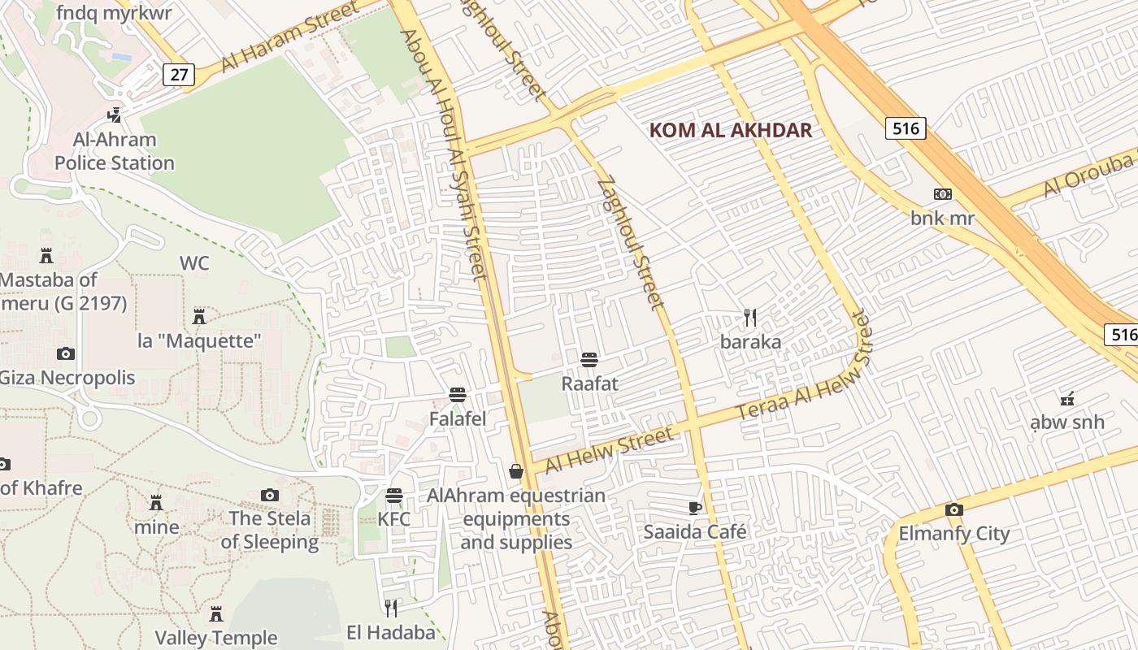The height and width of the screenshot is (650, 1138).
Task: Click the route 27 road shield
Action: tap(179, 75)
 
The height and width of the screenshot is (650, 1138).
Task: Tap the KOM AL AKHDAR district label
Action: tap(730, 130)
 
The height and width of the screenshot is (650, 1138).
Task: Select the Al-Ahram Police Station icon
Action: tap(115, 115)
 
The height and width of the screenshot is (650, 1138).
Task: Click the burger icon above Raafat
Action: tap(589, 359)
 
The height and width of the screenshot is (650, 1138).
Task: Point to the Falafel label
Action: tap(458, 418)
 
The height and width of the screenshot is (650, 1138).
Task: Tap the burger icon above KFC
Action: tap(394, 495)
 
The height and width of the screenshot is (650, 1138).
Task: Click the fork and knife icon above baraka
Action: tap(750, 318)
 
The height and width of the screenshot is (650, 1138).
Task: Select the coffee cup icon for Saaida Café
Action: tap(694, 508)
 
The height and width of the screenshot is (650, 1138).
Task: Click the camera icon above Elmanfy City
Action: tap(954, 509)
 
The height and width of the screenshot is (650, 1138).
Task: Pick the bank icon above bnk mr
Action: tap(943, 194)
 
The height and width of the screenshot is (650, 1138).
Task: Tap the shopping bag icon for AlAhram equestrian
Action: tap(515, 471)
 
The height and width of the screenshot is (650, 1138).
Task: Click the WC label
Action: tap(194, 263)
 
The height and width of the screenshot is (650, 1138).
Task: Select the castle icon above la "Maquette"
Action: tap(199, 316)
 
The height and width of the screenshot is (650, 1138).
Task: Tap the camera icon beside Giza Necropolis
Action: tap(66, 353)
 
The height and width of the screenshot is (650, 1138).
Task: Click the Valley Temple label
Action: tap(216, 638)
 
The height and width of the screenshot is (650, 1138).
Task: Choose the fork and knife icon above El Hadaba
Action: tap(391, 608)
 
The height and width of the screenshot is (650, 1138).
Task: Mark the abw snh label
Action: tap(1067, 422)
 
